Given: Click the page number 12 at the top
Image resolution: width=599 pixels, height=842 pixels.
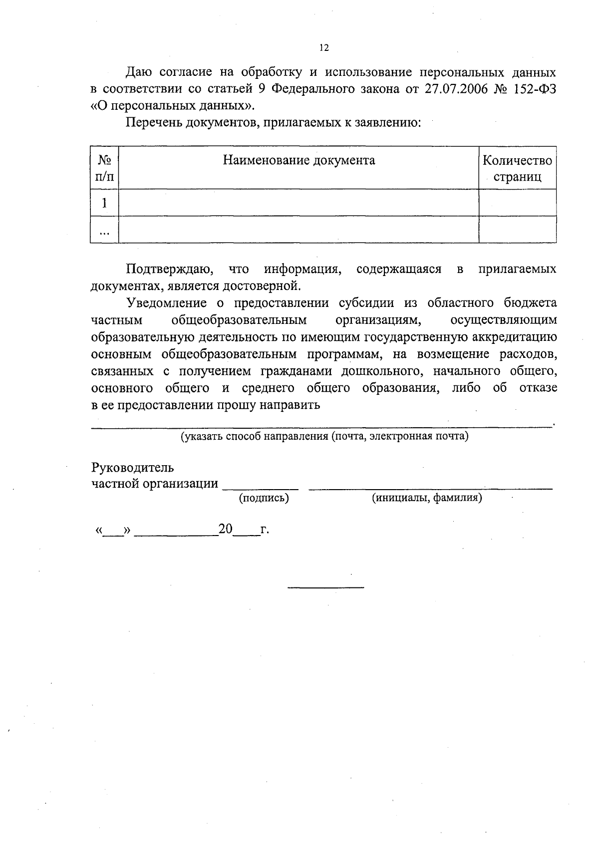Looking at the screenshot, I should (324, 48).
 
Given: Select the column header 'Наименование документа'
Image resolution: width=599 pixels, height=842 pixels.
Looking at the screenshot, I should (299, 160).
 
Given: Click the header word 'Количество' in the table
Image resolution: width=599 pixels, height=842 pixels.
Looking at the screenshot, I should (517, 160).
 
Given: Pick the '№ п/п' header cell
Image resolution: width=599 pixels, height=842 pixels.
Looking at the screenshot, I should (104, 168).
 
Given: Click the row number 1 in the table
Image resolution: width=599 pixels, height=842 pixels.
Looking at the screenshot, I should (104, 203).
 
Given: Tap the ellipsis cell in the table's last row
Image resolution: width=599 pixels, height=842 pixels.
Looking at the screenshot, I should (104, 231).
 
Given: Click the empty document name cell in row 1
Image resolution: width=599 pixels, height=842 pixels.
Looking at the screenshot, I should (299, 203).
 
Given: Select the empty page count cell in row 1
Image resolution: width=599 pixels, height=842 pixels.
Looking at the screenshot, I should (517, 203).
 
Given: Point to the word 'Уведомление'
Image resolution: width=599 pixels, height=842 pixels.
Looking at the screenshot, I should (166, 303).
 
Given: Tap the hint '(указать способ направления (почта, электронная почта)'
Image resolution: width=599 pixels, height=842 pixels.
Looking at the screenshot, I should (324, 436).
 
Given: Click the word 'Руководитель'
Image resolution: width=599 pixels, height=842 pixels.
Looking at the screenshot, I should (132, 468).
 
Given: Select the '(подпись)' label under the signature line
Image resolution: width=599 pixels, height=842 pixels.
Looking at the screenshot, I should (264, 498).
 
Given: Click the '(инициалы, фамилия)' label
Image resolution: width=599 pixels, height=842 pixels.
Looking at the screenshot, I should (427, 498).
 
